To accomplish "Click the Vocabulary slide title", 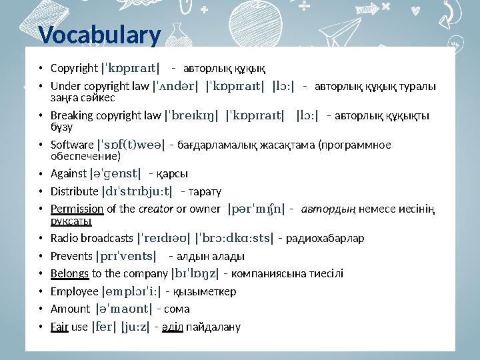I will pyautogui.click(x=99, y=34).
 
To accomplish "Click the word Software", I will pyautogui.click(x=72, y=145).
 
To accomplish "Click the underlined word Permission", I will pyautogui.click(x=77, y=209).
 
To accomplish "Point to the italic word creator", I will pyautogui.click(x=155, y=209).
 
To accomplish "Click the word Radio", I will pyautogui.click(x=63, y=238).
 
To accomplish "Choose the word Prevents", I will pyautogui.click(x=71, y=256).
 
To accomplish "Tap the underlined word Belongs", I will pyautogui.click(x=69, y=273).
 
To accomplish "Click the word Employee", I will pyautogui.click(x=73, y=291).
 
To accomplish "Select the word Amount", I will pyautogui.click(x=69, y=309).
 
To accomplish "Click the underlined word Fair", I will pyautogui.click(x=59, y=327).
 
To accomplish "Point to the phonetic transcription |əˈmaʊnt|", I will pyautogui.click(x=124, y=309).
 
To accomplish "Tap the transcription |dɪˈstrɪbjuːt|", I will pyautogui.click(x=137, y=192).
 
